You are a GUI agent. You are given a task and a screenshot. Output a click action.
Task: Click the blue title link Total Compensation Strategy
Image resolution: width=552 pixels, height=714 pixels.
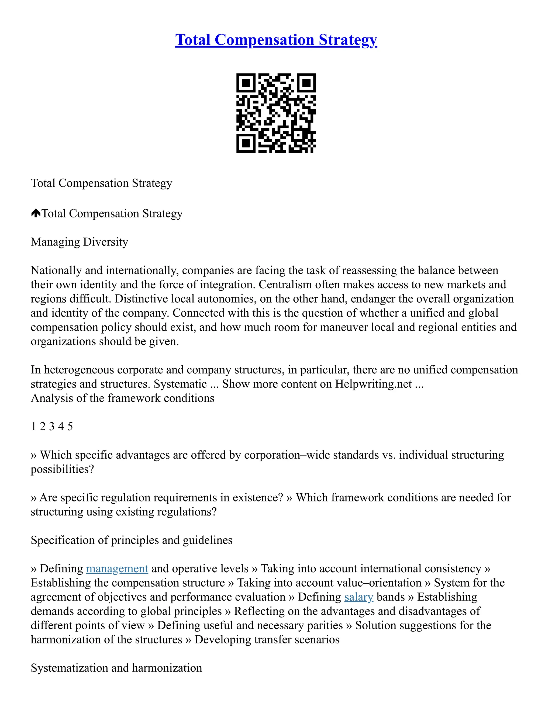pyautogui.click(x=276, y=40)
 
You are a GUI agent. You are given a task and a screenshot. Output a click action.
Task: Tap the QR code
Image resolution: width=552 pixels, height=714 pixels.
pyautogui.click(x=276, y=113)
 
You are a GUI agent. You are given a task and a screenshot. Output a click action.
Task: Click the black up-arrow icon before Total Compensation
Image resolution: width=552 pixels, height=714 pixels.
pyautogui.click(x=36, y=213)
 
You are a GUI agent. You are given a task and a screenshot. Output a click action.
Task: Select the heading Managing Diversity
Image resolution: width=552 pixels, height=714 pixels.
pyautogui.click(x=79, y=242)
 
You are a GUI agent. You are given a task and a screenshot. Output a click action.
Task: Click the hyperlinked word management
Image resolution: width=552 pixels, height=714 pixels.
pyautogui.click(x=117, y=569)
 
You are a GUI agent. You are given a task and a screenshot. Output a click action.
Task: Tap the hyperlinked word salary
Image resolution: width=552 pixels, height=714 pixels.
pyautogui.click(x=358, y=597)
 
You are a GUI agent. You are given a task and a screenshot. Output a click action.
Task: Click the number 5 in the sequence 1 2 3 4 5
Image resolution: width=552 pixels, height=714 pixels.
pyautogui.click(x=70, y=427)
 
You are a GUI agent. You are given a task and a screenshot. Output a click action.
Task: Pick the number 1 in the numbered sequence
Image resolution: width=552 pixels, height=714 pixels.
pyautogui.click(x=33, y=427)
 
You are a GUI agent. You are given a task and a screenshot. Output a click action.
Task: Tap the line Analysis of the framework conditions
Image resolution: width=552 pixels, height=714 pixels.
pyautogui.click(x=122, y=398)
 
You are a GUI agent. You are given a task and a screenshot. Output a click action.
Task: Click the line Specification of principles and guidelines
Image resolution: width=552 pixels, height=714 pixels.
pyautogui.click(x=132, y=540)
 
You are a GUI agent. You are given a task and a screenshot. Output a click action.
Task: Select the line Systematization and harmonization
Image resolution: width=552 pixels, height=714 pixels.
pyautogui.click(x=116, y=668)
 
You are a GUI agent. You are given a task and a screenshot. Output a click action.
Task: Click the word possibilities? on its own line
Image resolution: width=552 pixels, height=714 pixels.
pyautogui.click(x=62, y=469)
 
